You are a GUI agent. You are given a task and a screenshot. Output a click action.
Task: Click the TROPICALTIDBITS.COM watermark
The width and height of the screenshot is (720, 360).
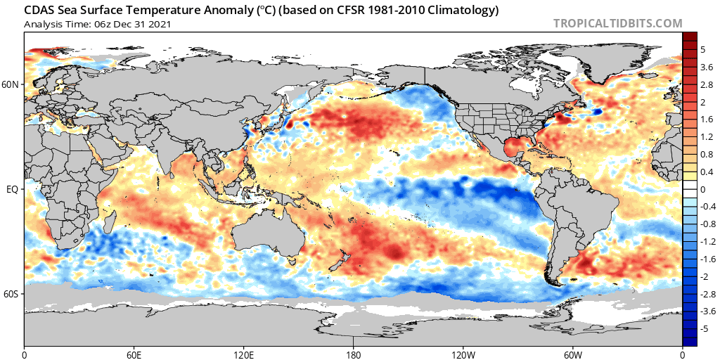point(617,23)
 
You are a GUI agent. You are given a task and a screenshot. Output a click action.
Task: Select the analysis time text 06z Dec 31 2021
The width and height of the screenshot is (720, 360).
point(131,24)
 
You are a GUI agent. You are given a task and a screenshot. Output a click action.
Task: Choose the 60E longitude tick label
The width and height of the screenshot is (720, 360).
point(134,353)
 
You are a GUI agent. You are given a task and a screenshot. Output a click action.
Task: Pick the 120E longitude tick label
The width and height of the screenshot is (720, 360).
point(244,353)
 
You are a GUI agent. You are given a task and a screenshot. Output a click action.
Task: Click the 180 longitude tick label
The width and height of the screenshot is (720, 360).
point(354,353)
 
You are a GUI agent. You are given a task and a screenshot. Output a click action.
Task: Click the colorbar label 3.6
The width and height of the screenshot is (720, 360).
point(707,67)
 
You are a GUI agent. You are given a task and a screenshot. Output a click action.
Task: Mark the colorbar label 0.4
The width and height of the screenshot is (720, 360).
point(707,172)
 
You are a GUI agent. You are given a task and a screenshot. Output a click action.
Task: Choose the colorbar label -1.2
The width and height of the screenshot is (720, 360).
point(708,241)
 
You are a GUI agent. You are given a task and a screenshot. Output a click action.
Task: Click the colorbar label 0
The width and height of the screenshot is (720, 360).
point(702,189)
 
